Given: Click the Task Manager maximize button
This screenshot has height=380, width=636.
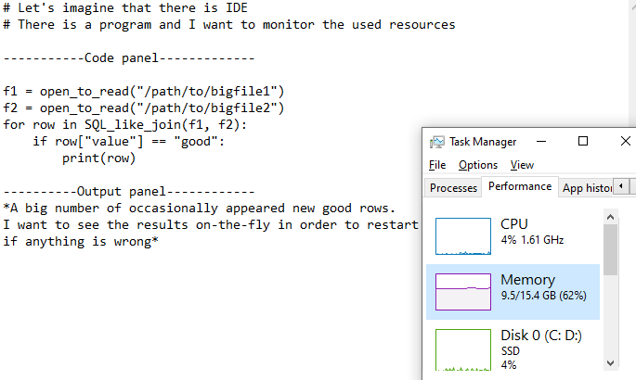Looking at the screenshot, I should pyautogui.click(x=583, y=142).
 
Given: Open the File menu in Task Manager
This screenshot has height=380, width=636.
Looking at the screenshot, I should pyautogui.click(x=437, y=165).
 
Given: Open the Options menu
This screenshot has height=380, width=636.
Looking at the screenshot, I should pyautogui.click(x=478, y=165).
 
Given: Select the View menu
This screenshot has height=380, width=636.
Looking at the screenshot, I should pyautogui.click(x=522, y=165).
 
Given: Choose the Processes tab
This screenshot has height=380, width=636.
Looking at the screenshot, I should pyautogui.click(x=453, y=187).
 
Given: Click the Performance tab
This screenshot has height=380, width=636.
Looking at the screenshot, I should pyautogui.click(x=519, y=186).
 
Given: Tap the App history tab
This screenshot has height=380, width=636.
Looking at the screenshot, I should pyautogui.click(x=588, y=187).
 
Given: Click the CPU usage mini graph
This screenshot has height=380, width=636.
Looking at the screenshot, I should pyautogui.click(x=462, y=236).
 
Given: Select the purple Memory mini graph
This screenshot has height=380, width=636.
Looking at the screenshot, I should pyautogui.click(x=462, y=292).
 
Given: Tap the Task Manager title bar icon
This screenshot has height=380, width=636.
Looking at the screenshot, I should pyautogui.click(x=436, y=142).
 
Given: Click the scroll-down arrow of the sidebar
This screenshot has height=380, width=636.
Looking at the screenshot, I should pyautogui.click(x=610, y=362).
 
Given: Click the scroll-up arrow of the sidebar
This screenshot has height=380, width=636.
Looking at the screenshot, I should pyautogui.click(x=610, y=216).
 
